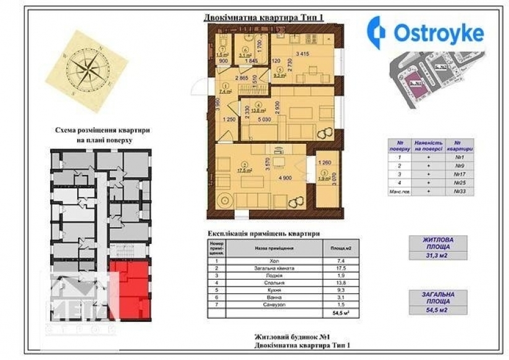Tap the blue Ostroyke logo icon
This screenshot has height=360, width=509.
pos(376,31)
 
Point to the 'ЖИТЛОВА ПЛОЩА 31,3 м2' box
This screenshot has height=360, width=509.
pos(438,248)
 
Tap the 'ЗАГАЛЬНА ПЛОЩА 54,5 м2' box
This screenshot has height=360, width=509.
pos(438,303)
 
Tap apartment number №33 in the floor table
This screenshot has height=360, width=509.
pos(459,192)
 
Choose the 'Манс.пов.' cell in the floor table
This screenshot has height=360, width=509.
pos(400,192)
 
